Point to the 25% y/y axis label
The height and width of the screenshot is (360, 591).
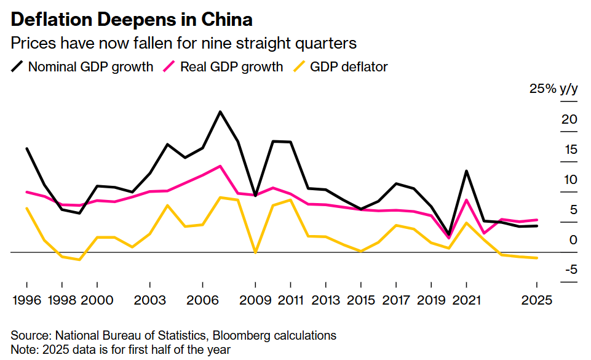pos(553,89)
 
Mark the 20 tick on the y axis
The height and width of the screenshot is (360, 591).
pos(569,119)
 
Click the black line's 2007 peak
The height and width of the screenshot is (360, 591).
pos(220,111)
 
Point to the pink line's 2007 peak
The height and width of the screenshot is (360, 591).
pos(220,166)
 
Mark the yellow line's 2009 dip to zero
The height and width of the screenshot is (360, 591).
pos(255,252)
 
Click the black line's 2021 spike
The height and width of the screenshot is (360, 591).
pos(467,170)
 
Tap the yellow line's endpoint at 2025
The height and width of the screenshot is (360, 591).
pos(537,258)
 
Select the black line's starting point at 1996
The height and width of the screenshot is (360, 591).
pos(27,148)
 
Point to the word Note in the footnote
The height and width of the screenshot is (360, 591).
pos(22,350)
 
